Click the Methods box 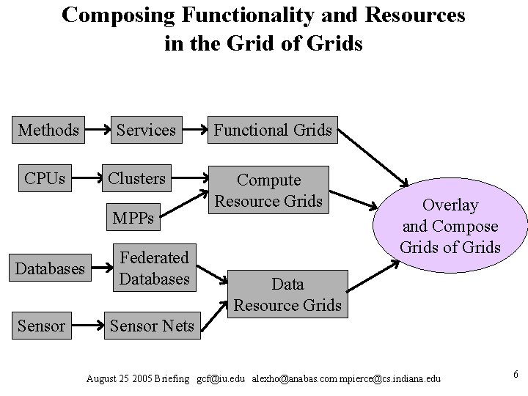coord(48,131)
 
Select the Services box coord(146,131)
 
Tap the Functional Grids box coord(273,131)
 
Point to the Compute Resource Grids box coord(268,190)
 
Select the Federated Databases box coord(154,268)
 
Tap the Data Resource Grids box coord(287,294)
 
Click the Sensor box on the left coord(42,326)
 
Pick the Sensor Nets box coord(152,326)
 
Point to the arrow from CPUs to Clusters coord(84,179)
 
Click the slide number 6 coord(516,375)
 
